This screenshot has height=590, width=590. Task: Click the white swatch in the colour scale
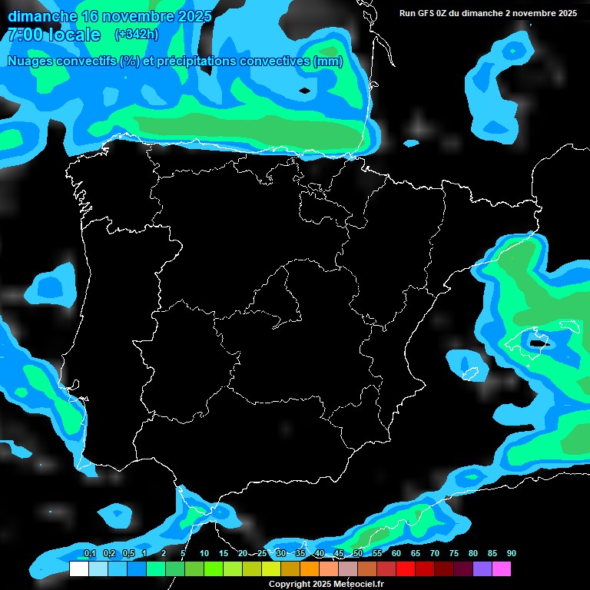78,568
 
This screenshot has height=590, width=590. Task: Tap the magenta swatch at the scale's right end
502,568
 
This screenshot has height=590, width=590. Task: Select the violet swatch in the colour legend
482,568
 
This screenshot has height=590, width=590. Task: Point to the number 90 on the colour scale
511,554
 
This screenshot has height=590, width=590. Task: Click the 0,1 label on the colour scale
90,554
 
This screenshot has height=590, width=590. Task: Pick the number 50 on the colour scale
358,554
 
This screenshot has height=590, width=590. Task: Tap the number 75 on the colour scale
454,554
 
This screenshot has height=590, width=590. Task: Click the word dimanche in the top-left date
42,16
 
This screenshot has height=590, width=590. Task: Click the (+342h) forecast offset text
136,35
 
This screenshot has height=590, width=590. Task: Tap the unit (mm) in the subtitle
328,61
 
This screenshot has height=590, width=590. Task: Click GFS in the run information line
430,13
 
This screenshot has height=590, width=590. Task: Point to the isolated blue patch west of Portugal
52,286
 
